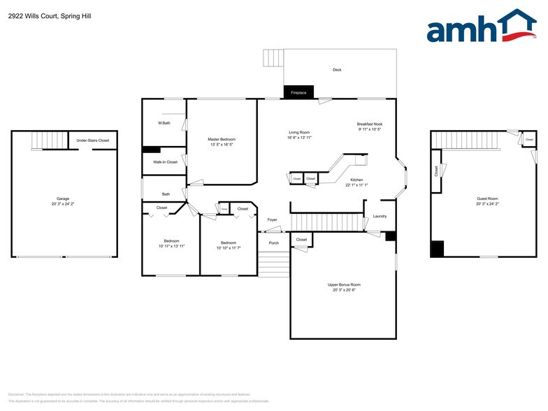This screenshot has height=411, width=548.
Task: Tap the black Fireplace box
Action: point(298,92)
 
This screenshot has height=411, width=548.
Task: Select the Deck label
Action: point(337,70)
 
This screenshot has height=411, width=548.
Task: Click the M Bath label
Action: point(164,124)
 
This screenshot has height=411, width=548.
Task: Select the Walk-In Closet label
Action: point(165,161)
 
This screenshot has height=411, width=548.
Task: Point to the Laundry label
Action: point(380,216)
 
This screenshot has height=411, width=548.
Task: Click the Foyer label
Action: point(272,220)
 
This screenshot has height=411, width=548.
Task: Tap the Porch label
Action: point(274,243)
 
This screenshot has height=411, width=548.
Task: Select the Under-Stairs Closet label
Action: point(93,140)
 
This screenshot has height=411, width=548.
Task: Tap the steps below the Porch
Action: point(273,264)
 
